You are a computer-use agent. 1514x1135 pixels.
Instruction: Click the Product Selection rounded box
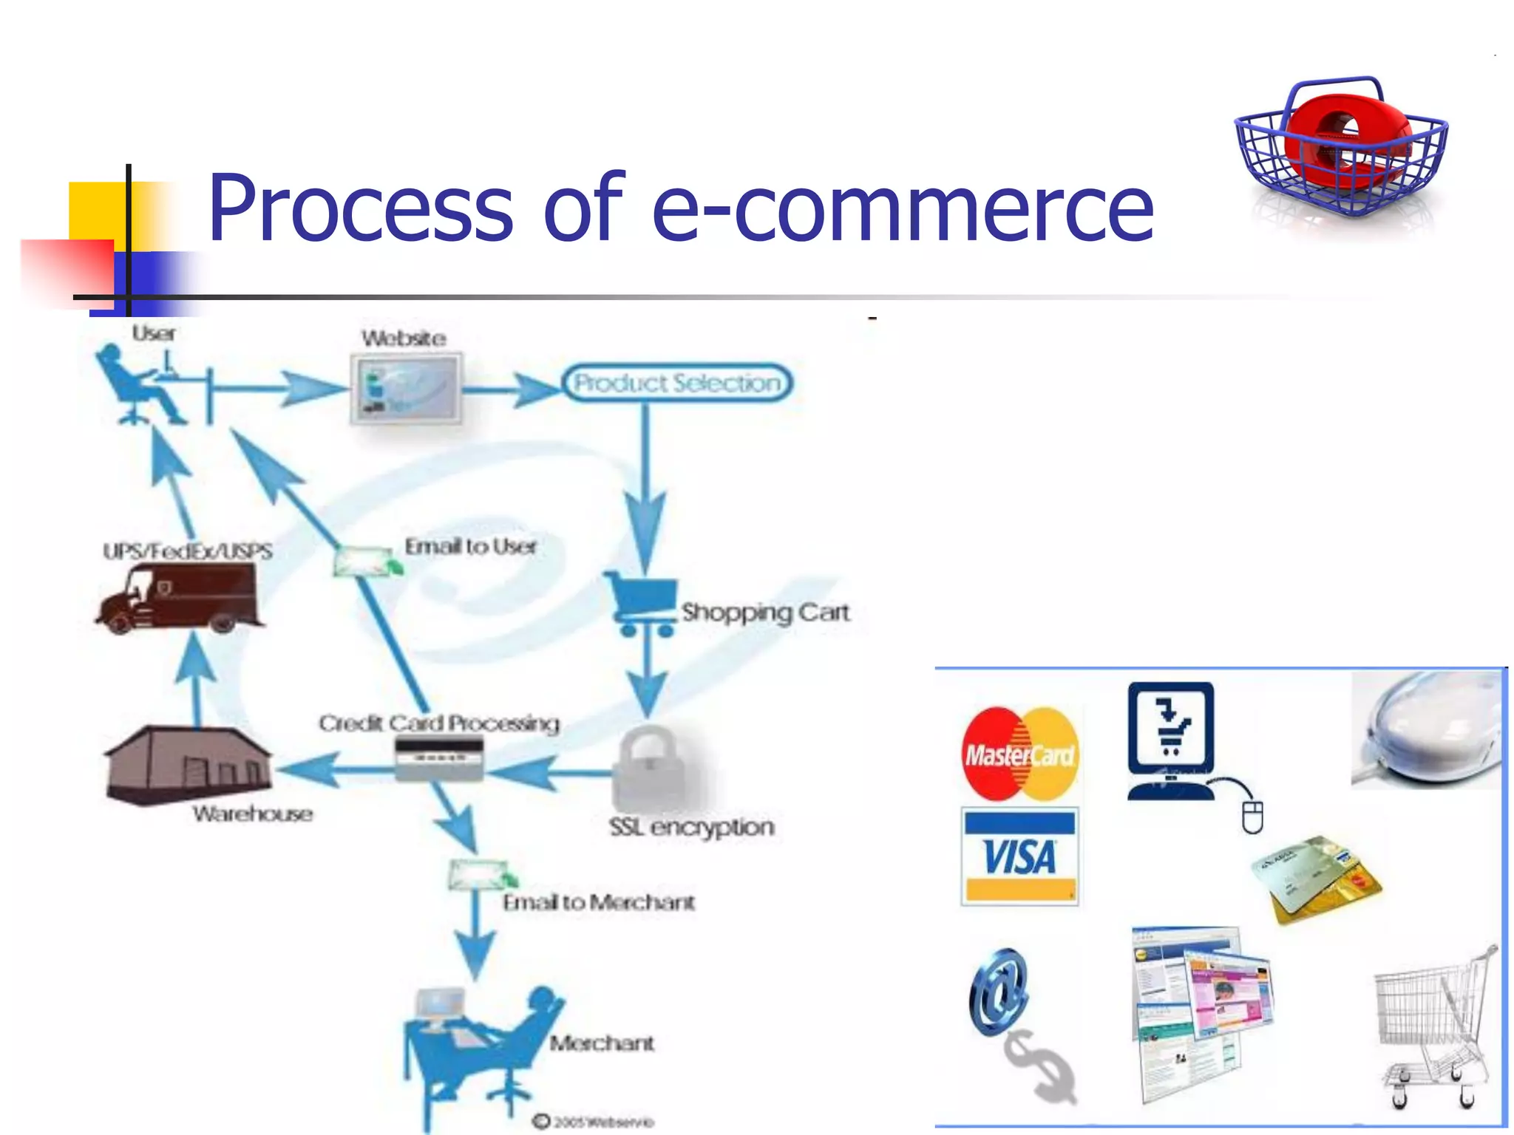(x=676, y=383)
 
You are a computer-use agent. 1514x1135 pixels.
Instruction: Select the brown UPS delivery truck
(x=179, y=599)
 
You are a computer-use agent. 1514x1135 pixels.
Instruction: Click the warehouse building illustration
(x=189, y=765)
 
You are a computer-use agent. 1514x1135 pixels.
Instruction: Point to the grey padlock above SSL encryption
(x=651, y=768)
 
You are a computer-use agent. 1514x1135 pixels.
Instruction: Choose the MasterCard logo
(x=1019, y=754)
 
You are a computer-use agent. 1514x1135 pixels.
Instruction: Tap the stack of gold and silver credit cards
(x=1316, y=879)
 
